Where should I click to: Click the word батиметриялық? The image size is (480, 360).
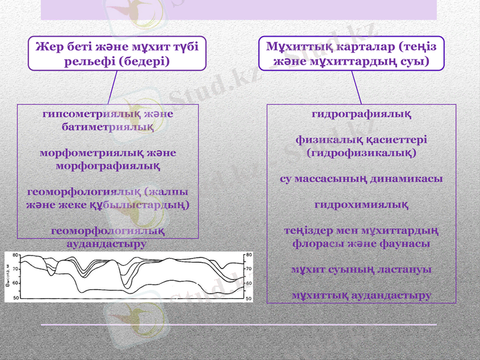click(x=108, y=127)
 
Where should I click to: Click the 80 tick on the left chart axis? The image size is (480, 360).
click(x=16, y=255)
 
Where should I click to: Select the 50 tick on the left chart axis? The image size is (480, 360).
click(x=16, y=298)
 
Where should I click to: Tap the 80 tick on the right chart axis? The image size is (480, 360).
click(x=248, y=255)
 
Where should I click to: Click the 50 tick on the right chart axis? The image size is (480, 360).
click(x=248, y=298)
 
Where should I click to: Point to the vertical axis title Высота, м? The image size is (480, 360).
click(x=7, y=276)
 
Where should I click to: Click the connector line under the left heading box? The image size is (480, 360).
click(x=112, y=88)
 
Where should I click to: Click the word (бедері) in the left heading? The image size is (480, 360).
click(x=144, y=61)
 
